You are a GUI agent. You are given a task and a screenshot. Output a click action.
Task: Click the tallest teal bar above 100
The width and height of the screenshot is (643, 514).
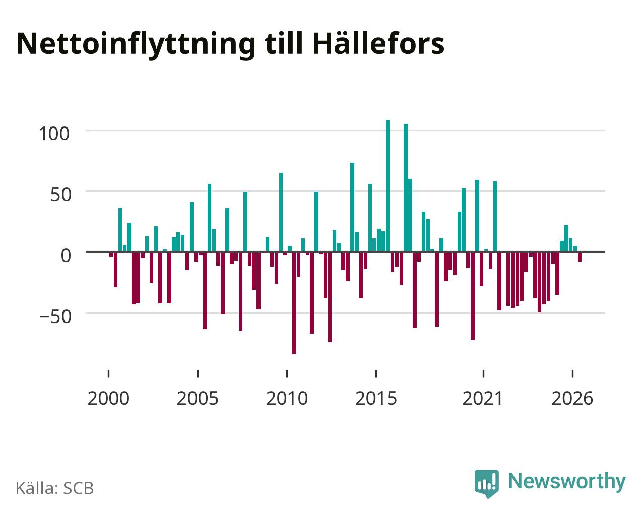point(388,186)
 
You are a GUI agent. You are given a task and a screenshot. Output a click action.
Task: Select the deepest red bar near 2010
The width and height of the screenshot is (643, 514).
point(294,303)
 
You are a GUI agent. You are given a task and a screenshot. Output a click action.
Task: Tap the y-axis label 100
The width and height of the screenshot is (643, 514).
point(54,134)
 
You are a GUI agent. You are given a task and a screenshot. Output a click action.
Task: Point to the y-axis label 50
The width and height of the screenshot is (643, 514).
point(61,195)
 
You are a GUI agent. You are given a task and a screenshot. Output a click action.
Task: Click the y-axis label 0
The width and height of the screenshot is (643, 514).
point(66,255)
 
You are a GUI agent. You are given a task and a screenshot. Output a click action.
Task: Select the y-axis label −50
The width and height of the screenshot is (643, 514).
point(55,316)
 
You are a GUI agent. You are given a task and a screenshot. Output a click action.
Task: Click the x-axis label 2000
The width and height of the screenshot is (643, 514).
point(108,398)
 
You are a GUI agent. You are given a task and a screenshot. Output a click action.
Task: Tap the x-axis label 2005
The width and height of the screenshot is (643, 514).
point(198,398)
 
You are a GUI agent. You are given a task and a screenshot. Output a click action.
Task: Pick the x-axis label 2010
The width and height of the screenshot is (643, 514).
point(287,398)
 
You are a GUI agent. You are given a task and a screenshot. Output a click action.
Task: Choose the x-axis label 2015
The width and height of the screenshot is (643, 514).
point(376,398)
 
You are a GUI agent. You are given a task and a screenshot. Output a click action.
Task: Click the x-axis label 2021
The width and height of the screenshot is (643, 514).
point(483,398)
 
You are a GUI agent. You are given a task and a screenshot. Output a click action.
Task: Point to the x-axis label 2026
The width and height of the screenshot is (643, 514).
point(572,398)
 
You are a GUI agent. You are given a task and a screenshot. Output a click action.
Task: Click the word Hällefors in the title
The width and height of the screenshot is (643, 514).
point(378,44)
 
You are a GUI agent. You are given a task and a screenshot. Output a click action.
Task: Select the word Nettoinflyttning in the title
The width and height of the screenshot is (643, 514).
point(136,45)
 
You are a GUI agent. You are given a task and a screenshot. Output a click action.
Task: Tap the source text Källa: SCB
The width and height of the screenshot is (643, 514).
point(55,488)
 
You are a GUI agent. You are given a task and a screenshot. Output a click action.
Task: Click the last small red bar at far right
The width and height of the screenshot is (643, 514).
point(580,256)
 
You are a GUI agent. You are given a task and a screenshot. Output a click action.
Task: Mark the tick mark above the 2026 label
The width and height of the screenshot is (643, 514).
point(572,374)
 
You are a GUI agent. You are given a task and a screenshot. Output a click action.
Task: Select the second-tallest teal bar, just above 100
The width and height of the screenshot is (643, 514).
point(406,187)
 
